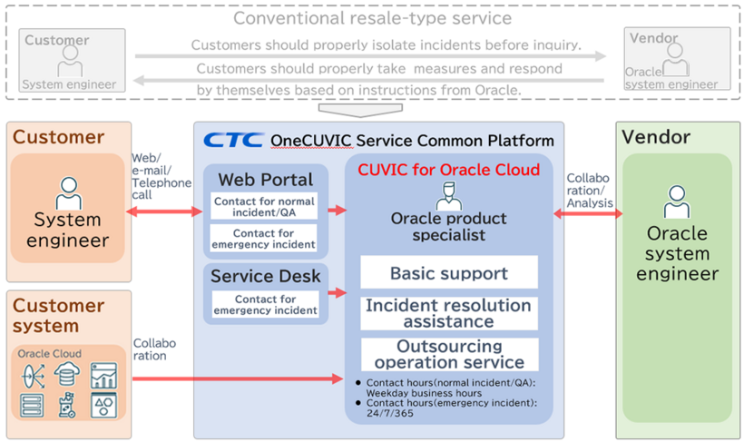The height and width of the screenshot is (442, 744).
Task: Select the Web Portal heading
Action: (265, 180)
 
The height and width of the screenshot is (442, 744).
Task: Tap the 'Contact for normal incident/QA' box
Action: (264, 206)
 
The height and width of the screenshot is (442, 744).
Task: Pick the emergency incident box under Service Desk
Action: (265, 305)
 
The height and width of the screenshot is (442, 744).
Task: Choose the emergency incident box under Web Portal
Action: (264, 239)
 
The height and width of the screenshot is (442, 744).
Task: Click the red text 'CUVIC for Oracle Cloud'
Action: (448, 170)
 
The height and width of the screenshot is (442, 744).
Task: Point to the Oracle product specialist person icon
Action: (448, 194)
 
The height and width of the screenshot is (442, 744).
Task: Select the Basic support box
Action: (448, 272)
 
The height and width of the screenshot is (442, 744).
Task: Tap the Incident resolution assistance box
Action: (448, 313)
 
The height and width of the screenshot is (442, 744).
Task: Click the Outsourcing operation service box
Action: (448, 354)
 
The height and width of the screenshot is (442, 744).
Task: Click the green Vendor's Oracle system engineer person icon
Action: (677, 201)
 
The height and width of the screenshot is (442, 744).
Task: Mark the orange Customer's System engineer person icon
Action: (68, 193)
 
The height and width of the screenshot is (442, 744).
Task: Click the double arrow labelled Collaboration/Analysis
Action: (588, 215)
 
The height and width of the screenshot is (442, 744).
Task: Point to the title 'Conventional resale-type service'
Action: (372, 18)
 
